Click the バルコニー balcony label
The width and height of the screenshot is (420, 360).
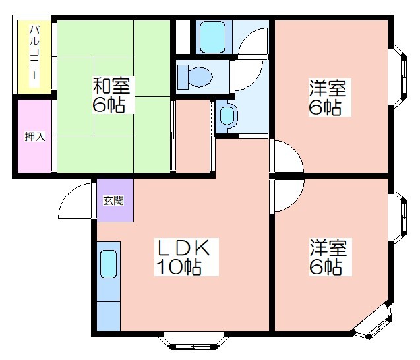pos(34,56)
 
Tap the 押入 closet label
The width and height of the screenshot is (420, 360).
pos(35,136)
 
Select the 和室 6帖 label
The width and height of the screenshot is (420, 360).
pos(112,95)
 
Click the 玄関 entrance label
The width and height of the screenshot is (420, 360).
pos(113,200)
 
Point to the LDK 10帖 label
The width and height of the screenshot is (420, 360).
pos(186,257)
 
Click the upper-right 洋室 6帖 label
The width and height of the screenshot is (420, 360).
pos(329,97)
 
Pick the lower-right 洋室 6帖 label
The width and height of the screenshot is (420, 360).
pos(330,257)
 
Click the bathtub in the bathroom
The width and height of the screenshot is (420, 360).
pos(213,37)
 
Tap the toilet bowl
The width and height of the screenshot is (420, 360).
pos(196,77)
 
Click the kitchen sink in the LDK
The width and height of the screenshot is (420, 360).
pos(109,264)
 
